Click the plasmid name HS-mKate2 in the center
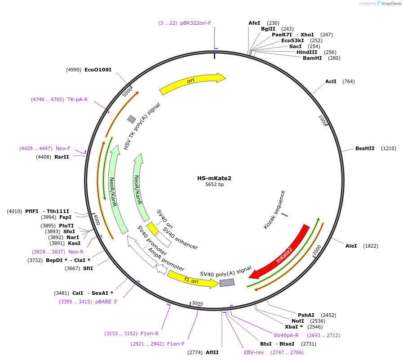[x=214, y=178]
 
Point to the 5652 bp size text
[x=214, y=185]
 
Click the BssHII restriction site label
[x=364, y=148]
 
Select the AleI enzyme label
[x=351, y=246]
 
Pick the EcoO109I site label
[x=98, y=70]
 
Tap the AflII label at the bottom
[x=212, y=352]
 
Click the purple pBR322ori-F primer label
[x=196, y=23]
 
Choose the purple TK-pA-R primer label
[x=77, y=99]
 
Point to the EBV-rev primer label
[x=254, y=352]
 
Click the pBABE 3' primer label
[x=106, y=302]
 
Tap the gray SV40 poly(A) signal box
[x=227, y=283]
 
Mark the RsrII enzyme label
[x=62, y=157]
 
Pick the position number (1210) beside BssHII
[x=389, y=148]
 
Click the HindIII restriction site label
[x=306, y=52]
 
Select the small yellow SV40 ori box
[x=152, y=228]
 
